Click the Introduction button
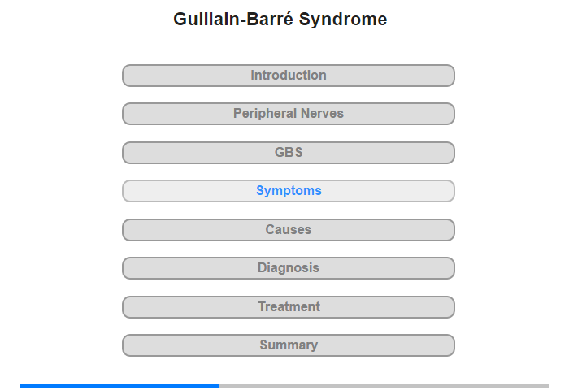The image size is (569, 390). (289, 76)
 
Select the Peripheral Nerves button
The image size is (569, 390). (289, 114)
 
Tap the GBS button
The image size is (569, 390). (289, 153)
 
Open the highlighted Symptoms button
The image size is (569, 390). (289, 191)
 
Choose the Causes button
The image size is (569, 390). (289, 230)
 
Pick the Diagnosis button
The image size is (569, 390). (289, 268)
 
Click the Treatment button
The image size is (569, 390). (289, 307)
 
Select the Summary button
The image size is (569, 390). (289, 345)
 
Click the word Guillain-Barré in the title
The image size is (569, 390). (233, 19)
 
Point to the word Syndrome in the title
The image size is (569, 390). (343, 19)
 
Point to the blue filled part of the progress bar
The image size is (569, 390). (119, 385)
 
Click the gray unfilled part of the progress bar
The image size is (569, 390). (384, 385)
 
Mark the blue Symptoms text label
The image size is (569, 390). (289, 191)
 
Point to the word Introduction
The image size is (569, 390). (289, 75)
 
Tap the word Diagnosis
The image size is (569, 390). (289, 268)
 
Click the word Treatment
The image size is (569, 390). (289, 306)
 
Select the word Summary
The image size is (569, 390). (289, 345)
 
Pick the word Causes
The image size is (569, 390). (289, 230)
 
